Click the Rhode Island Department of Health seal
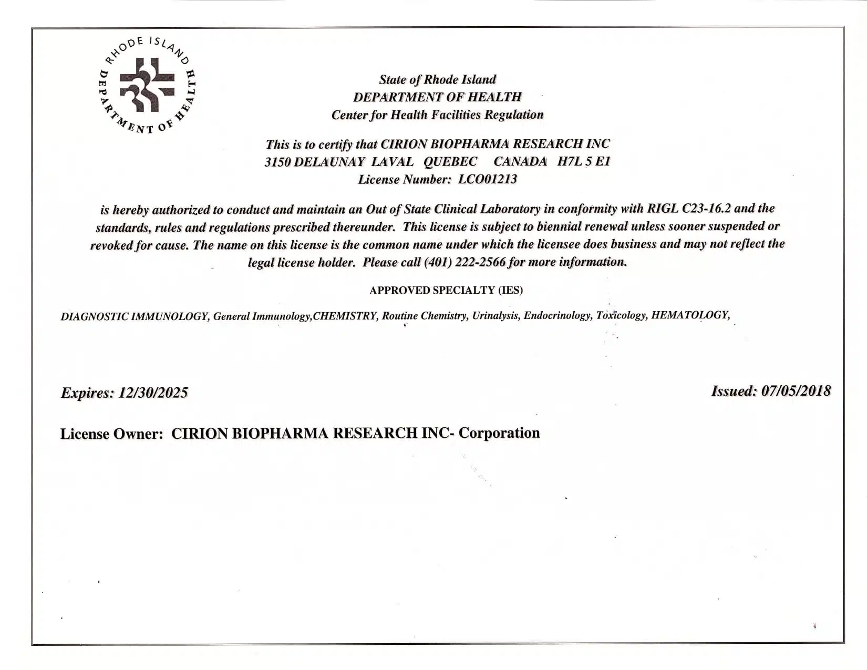pos(148,85)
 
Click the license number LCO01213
pos(487,179)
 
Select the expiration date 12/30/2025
pos(153,393)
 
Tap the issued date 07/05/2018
pos(796,391)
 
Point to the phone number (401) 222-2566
pos(465,262)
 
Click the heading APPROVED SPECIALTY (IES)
pos(446,290)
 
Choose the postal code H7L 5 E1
pos(584,161)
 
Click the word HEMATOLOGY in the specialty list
pos(689,315)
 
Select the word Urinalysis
pos(495,316)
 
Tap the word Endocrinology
pos(557,315)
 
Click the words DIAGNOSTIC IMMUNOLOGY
pos(135,316)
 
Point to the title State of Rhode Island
pos(437,79)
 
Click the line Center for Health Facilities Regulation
pos(437,115)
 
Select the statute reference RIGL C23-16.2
pos(688,208)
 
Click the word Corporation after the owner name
pos(499,433)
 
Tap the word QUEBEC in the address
pos(450,161)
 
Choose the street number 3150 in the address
pos(277,162)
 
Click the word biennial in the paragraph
pos(562,226)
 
